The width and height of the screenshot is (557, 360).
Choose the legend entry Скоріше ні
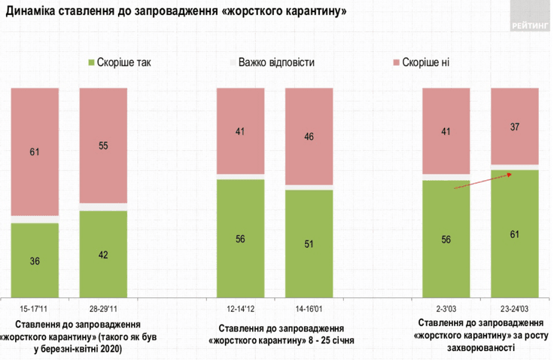tap(425, 63)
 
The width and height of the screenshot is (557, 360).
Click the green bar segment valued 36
tap(35, 260)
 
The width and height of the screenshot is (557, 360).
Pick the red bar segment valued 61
tap(35, 151)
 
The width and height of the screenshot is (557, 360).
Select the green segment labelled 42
tap(103, 254)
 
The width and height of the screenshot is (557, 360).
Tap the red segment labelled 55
tap(103, 145)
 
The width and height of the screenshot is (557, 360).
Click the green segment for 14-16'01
tap(309, 243)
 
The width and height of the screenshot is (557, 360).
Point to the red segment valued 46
tap(309, 136)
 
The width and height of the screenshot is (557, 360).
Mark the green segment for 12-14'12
tap(240, 238)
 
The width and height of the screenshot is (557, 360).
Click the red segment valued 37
tap(515, 126)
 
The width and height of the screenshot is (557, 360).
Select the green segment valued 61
tap(515, 233)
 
